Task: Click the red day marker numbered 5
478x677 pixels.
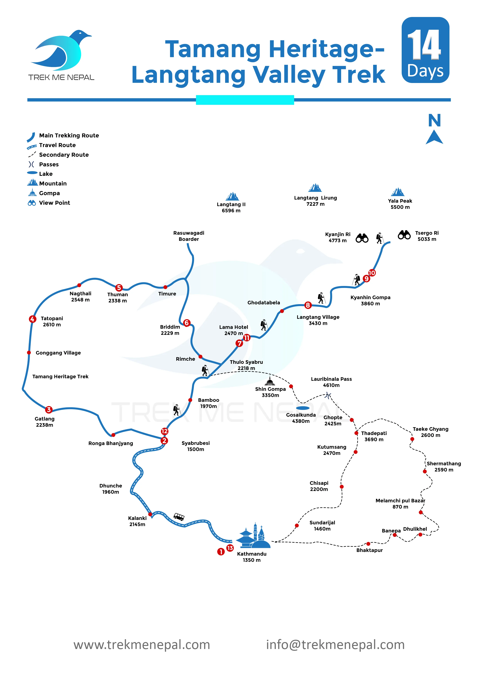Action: [x=119, y=288]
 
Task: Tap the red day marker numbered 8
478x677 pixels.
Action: [x=308, y=305]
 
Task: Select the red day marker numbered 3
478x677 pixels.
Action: [x=49, y=410]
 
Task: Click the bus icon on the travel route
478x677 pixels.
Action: [x=179, y=517]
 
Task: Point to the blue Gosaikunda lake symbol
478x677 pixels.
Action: [x=302, y=408]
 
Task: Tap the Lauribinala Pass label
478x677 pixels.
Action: [x=331, y=382]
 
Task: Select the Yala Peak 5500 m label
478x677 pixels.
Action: [x=400, y=204]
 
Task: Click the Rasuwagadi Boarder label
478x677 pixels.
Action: [x=189, y=236]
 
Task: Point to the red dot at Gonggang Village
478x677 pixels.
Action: [x=29, y=353]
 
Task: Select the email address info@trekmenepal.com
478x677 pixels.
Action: [x=335, y=645]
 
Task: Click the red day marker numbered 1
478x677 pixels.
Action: [x=221, y=551]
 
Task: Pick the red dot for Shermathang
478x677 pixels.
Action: [x=425, y=471]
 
